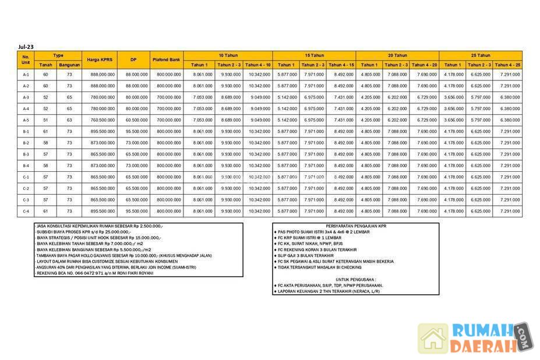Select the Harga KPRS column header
[x=101, y=59]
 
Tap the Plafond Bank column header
[x=167, y=59]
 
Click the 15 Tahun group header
[x=314, y=55]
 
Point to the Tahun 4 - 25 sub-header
[x=507, y=65]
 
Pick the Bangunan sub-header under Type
[x=69, y=65]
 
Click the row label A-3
[x=26, y=97]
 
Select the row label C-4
[x=26, y=211]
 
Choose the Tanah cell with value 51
[x=45, y=120]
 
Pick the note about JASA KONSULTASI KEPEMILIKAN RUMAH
[x=99, y=225]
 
